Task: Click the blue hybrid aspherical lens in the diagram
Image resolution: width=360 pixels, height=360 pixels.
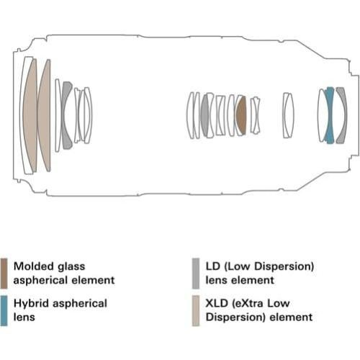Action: [x=330, y=115]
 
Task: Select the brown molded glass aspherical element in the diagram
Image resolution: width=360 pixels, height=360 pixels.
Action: [x=242, y=115]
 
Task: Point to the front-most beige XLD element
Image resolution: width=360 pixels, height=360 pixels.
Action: [x=30, y=115]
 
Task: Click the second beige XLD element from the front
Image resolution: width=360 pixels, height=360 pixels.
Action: [x=45, y=115]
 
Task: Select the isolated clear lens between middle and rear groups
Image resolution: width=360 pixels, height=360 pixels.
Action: [x=288, y=115]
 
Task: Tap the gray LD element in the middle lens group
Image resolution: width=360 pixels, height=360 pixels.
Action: [x=204, y=115]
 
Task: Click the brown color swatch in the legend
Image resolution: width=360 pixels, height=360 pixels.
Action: [x=4, y=274]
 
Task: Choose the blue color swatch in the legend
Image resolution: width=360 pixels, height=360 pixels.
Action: [x=4, y=311]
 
